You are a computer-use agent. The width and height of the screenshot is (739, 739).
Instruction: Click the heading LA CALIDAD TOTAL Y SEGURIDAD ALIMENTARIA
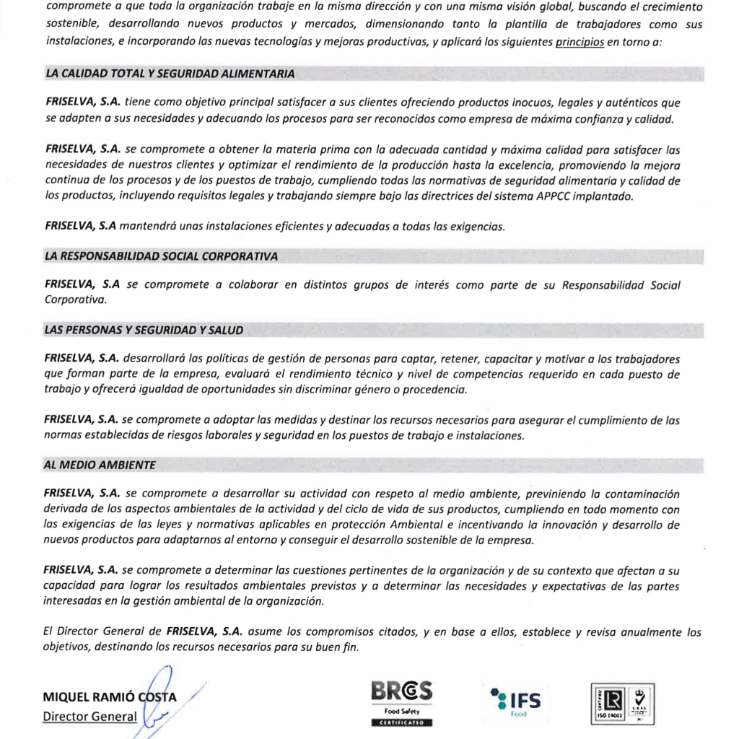170,74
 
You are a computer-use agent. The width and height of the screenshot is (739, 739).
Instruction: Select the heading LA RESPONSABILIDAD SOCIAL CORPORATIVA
161,256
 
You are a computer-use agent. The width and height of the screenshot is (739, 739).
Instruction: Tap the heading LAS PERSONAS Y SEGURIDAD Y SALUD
144,330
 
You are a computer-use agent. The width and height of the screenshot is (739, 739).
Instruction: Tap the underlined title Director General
89,717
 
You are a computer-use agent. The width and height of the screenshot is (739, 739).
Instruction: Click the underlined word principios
580,43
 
